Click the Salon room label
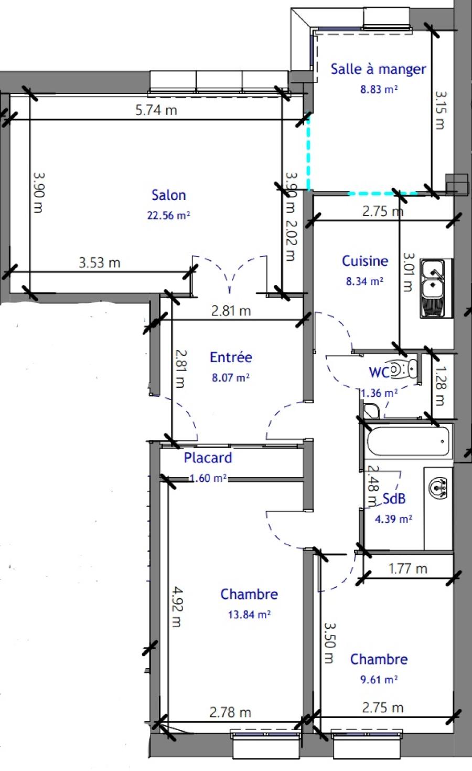(168, 195)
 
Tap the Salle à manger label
(379, 69)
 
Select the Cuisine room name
(364, 261)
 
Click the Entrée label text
(231, 357)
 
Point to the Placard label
(208, 458)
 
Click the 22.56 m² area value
(168, 216)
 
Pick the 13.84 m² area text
(249, 615)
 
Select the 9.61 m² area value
(379, 680)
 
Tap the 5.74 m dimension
(156, 110)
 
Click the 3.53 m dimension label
(100, 262)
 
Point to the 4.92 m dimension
(177, 607)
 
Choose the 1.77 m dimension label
(407, 568)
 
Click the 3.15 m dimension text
(439, 110)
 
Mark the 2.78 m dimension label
(230, 712)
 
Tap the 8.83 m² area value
(379, 90)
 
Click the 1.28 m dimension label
(439, 386)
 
